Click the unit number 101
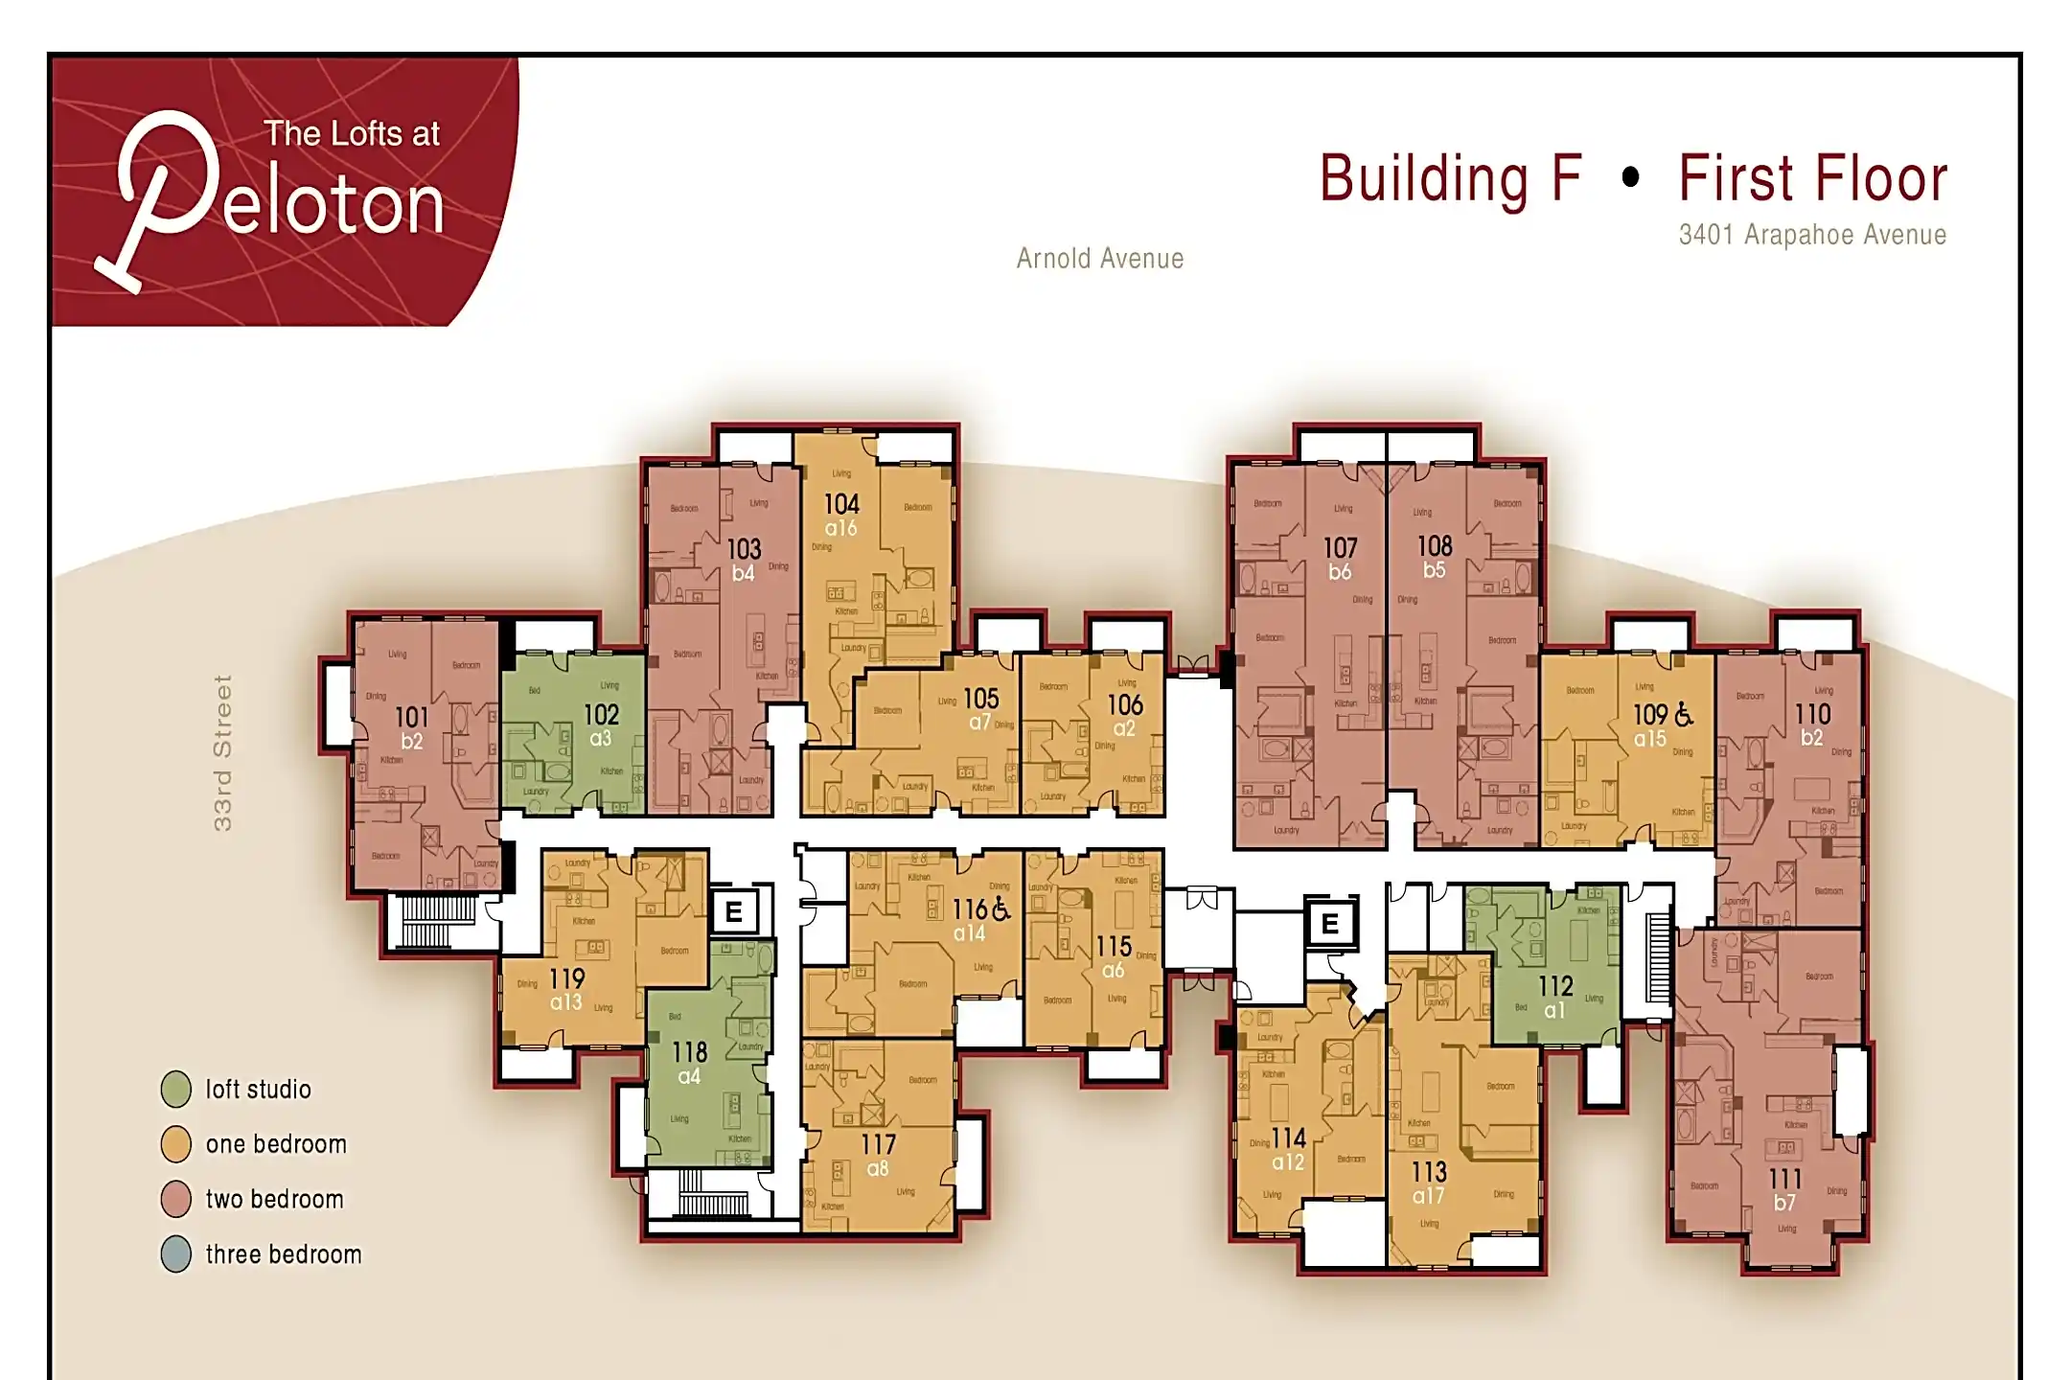pos(411,718)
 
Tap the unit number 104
pos(841,504)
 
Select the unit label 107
pos(1340,548)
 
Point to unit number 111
pos(1784,1179)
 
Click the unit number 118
pos(689,1052)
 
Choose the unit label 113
pos(1428,1172)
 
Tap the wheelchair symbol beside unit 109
pos(1684,714)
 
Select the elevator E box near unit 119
pos(734,911)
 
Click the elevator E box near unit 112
pos(1330,924)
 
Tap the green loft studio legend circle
pos(176,1090)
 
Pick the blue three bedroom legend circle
pos(176,1254)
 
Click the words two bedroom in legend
pos(274,1200)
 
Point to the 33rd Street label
pos(222,753)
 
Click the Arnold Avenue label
pos(1099,259)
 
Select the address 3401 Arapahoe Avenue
pos(1811,235)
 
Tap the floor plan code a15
pos(1649,739)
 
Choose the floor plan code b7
pos(1783,1203)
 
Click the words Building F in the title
pos(1449,179)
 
